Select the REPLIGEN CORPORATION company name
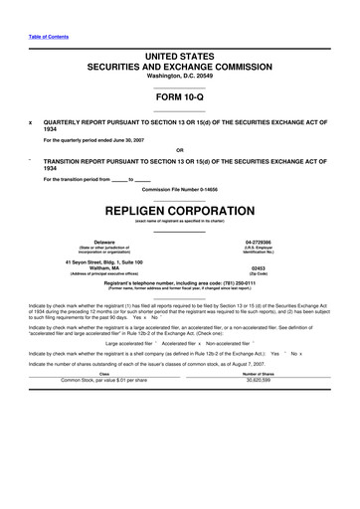[180, 212]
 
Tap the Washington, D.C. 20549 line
[180, 76]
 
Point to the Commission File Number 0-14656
[180, 188]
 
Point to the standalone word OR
[180, 152]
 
